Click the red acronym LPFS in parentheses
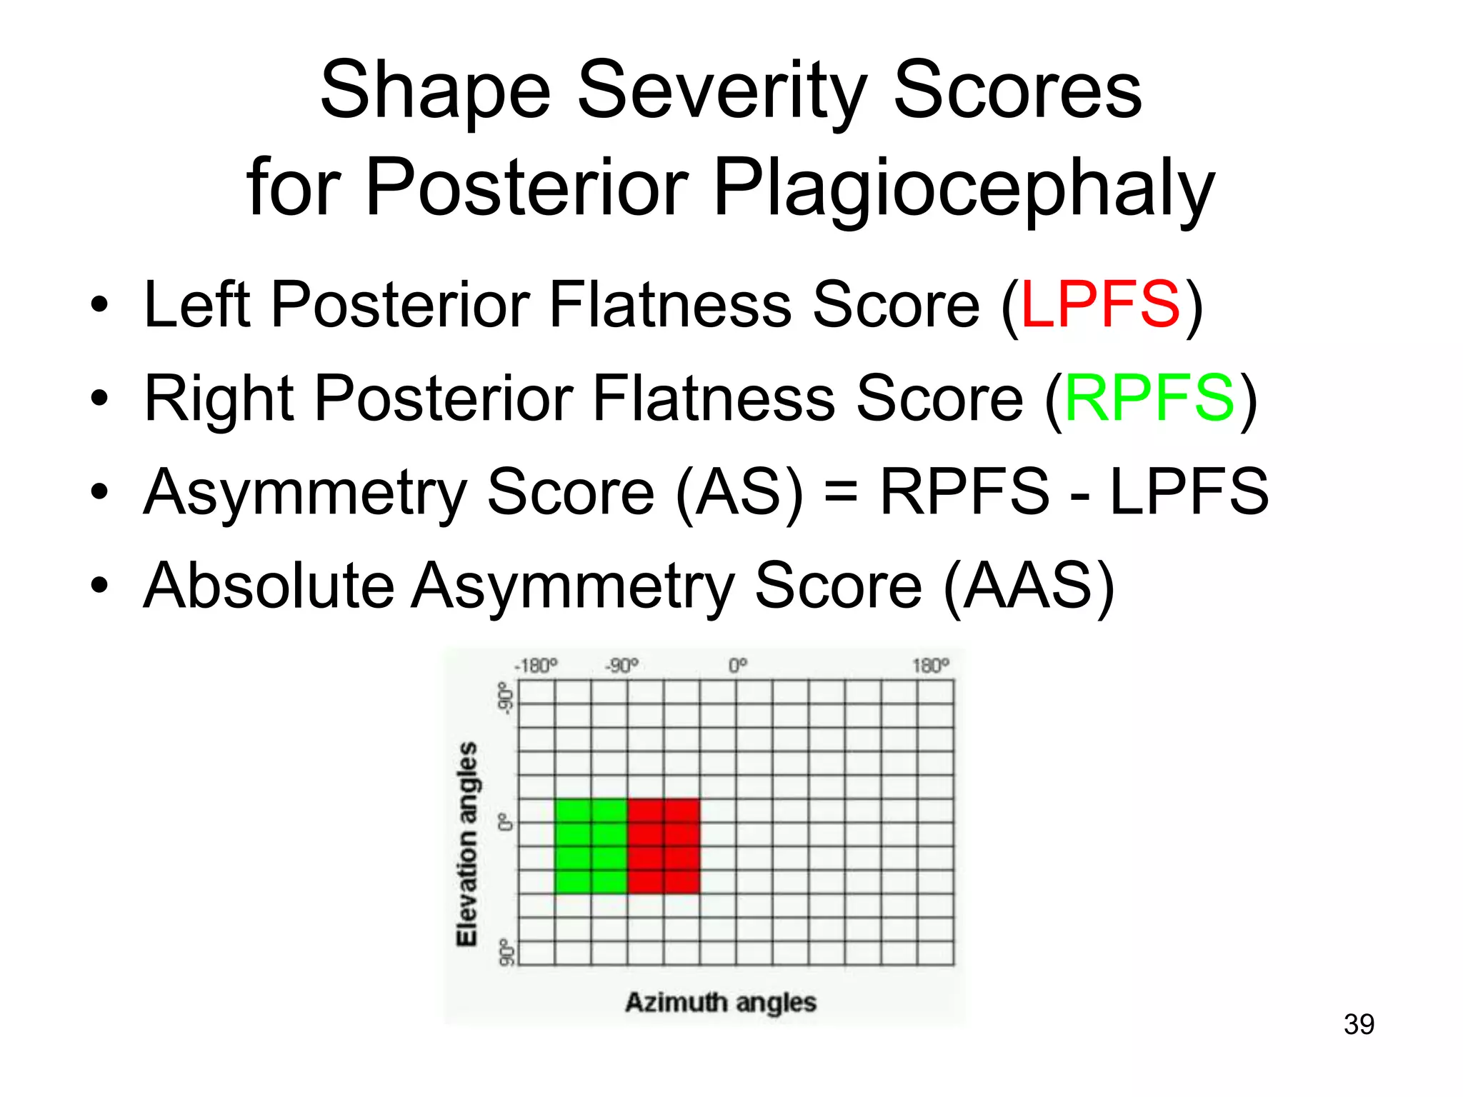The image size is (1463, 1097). (1101, 305)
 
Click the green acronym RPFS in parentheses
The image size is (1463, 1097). (1149, 399)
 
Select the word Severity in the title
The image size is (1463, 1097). (721, 91)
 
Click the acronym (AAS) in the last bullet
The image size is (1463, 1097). (1029, 586)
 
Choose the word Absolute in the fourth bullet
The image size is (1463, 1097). (269, 586)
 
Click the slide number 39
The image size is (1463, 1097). (1359, 1024)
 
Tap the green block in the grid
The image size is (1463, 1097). (591, 846)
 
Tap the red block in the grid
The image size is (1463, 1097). (664, 846)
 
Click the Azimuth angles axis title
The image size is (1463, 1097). (720, 1003)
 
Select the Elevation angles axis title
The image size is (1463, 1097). (467, 844)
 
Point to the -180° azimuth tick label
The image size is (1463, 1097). (536, 666)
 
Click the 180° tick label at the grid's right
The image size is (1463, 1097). (930, 666)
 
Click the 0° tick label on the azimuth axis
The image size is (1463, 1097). (738, 666)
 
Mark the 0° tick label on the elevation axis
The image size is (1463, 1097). (506, 822)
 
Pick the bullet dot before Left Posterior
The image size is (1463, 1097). (99, 306)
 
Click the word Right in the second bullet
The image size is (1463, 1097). (219, 399)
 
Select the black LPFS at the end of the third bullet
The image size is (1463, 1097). (1189, 492)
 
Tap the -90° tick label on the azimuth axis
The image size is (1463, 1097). (621, 666)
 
